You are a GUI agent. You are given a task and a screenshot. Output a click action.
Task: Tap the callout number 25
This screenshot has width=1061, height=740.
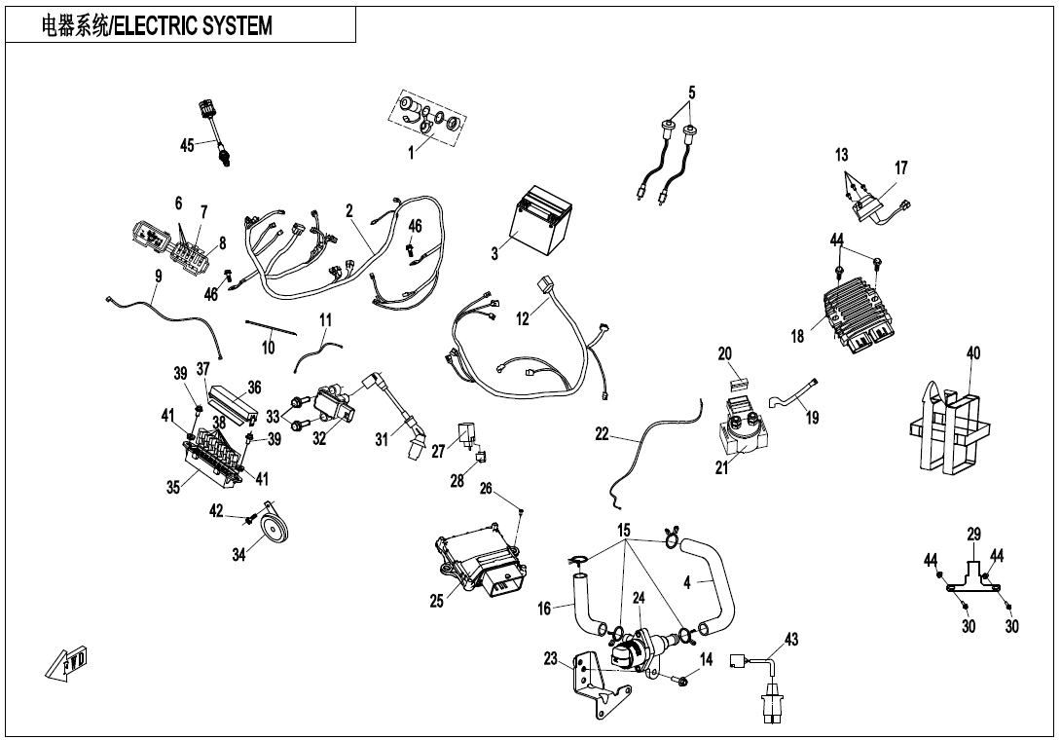click(437, 601)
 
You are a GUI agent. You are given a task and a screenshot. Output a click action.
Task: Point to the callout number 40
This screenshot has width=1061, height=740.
click(973, 353)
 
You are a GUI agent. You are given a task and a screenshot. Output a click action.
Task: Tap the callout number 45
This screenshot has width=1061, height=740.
click(188, 145)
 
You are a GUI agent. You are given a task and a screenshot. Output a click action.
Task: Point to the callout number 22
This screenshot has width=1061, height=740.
click(603, 435)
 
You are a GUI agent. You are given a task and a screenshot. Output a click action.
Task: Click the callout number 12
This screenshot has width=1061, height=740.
click(523, 318)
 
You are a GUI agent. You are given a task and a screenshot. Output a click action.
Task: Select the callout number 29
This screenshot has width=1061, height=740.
click(974, 534)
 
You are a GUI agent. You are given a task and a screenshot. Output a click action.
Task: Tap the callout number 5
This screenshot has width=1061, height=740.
click(692, 93)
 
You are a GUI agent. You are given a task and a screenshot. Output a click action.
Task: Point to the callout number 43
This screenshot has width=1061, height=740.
click(791, 639)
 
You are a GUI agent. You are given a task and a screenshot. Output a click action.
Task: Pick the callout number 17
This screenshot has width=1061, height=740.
click(901, 168)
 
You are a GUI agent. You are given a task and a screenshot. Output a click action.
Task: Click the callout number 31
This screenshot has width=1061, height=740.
click(382, 441)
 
